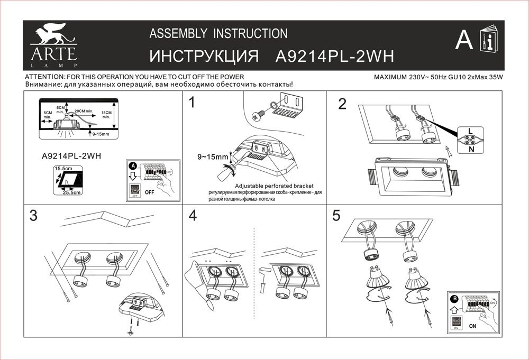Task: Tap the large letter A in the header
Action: click(463, 40)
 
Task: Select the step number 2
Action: click(342, 104)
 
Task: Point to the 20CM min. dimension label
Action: click(84, 112)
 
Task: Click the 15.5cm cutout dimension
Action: click(62, 168)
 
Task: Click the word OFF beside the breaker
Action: click(150, 192)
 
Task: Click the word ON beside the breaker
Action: click(472, 326)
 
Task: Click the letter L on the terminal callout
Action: click(470, 130)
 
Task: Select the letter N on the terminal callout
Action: click(470, 150)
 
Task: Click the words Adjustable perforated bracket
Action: click(274, 186)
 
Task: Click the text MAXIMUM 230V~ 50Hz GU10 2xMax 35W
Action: click(437, 77)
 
